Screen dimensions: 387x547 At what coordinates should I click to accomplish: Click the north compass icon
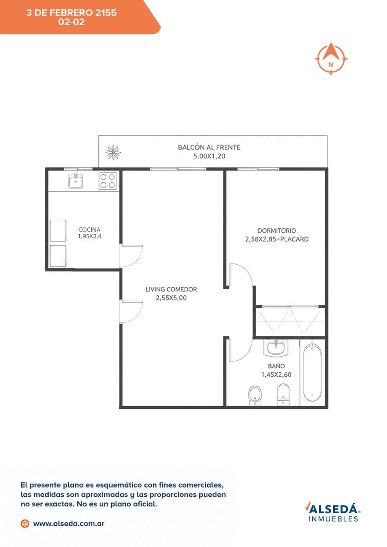331,59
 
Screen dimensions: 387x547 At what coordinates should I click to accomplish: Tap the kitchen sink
76,181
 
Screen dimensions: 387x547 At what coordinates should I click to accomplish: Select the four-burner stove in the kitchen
108,181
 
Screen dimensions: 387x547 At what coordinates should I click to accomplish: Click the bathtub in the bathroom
312,372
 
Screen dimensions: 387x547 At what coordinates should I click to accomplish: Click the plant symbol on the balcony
113,153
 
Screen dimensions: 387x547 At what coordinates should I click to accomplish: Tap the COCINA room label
89,230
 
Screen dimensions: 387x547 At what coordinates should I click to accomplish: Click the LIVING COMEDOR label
171,289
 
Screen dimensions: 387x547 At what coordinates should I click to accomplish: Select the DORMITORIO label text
277,231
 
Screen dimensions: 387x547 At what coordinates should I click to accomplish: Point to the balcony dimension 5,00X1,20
209,156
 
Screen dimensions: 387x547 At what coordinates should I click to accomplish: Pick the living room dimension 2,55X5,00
171,298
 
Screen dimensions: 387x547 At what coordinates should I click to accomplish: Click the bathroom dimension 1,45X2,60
276,374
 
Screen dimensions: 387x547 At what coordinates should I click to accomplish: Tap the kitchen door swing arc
139,259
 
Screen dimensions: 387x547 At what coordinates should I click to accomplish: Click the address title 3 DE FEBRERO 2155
72,13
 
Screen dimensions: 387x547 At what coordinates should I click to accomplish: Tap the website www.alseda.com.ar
69,524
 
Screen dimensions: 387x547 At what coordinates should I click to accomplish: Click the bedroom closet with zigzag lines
290,322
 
